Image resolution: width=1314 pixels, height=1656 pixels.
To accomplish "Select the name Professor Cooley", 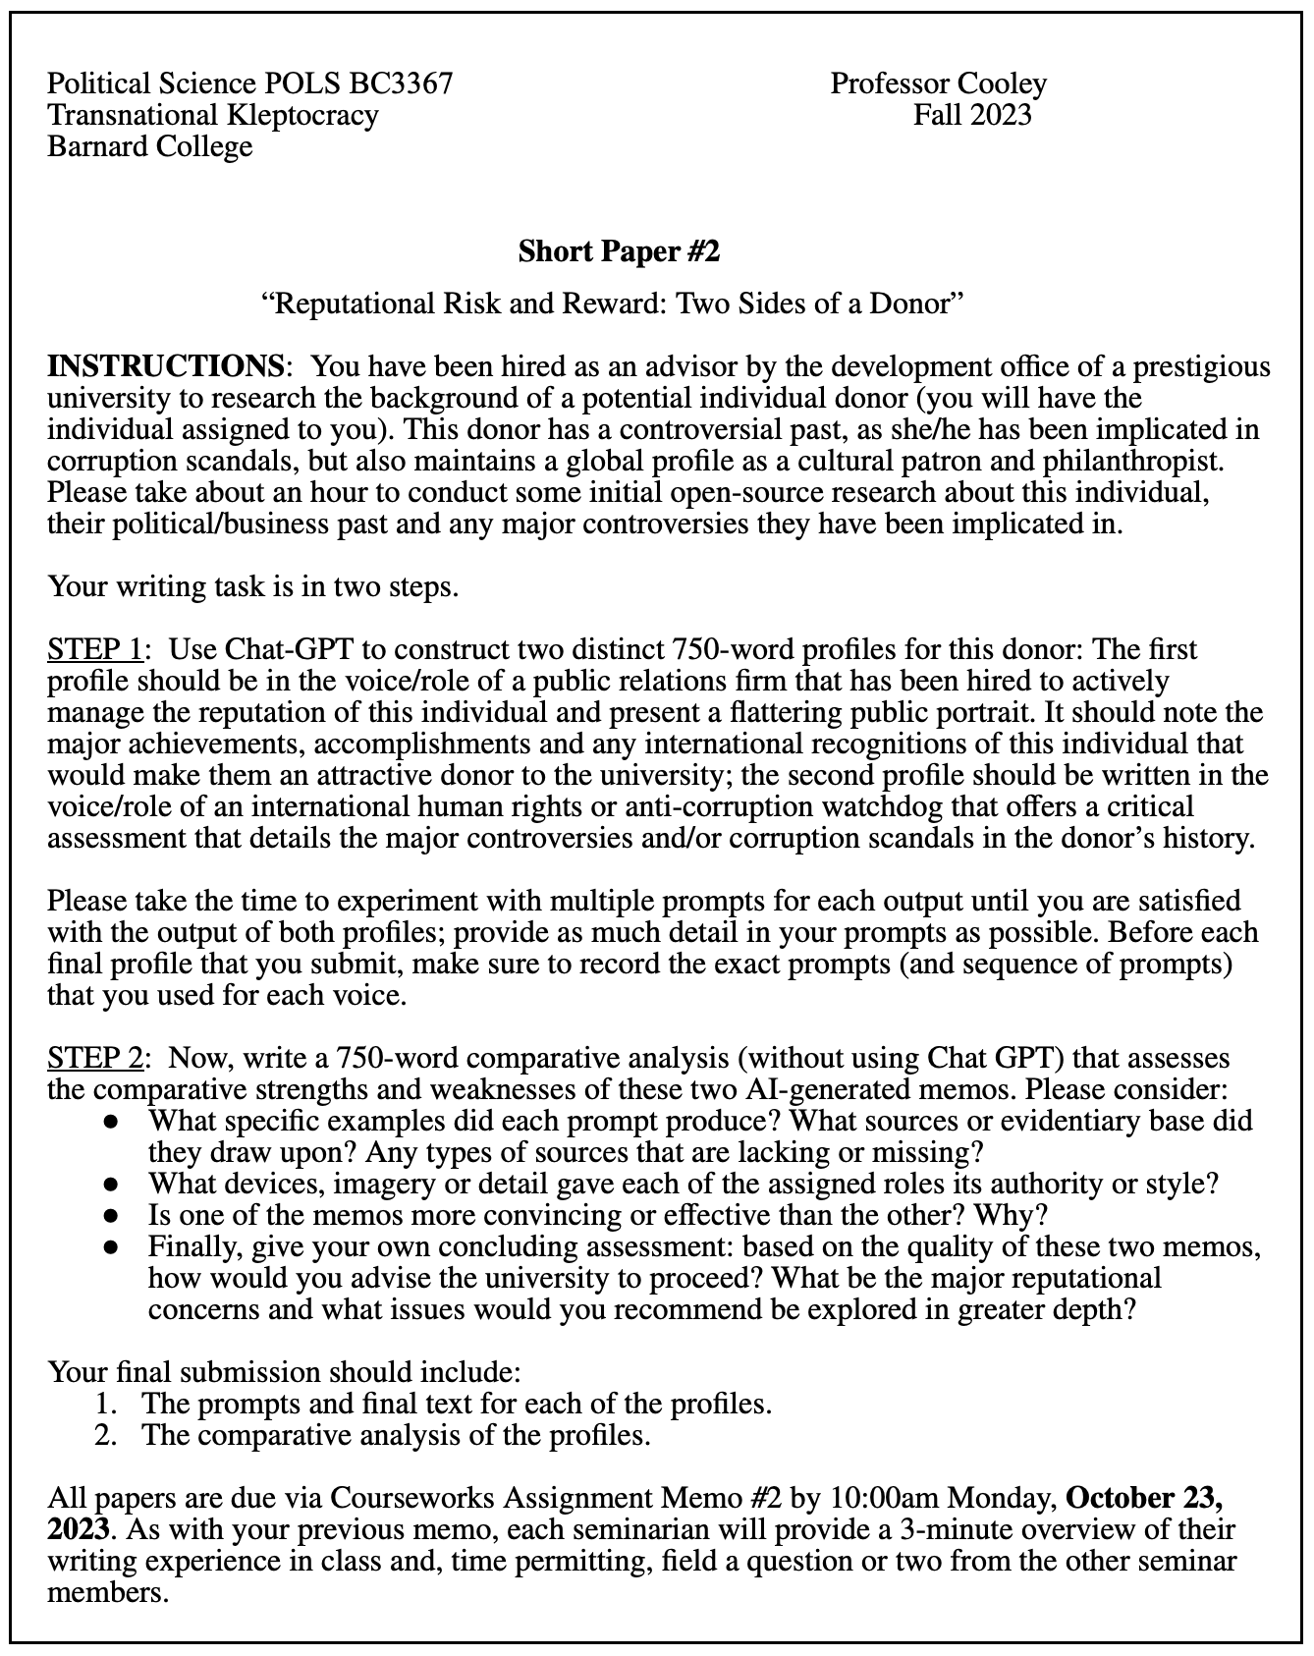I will [x=938, y=83].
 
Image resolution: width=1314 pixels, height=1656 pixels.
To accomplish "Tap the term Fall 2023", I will [x=971, y=115].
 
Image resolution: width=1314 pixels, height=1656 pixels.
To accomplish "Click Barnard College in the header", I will [x=149, y=146].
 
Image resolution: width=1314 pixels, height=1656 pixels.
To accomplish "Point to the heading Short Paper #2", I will [x=619, y=251].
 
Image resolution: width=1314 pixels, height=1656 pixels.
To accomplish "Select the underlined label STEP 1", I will [x=95, y=649].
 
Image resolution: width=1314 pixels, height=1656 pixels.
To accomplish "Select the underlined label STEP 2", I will [x=95, y=1058].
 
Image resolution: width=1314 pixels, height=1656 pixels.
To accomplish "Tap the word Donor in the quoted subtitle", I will [x=914, y=303].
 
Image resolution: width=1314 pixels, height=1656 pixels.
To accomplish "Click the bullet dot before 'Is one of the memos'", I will [x=113, y=1216].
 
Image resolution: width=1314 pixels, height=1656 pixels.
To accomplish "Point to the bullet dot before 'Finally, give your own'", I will [x=113, y=1247].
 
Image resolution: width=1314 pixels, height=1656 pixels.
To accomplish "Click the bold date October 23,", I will [x=1144, y=1498].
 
